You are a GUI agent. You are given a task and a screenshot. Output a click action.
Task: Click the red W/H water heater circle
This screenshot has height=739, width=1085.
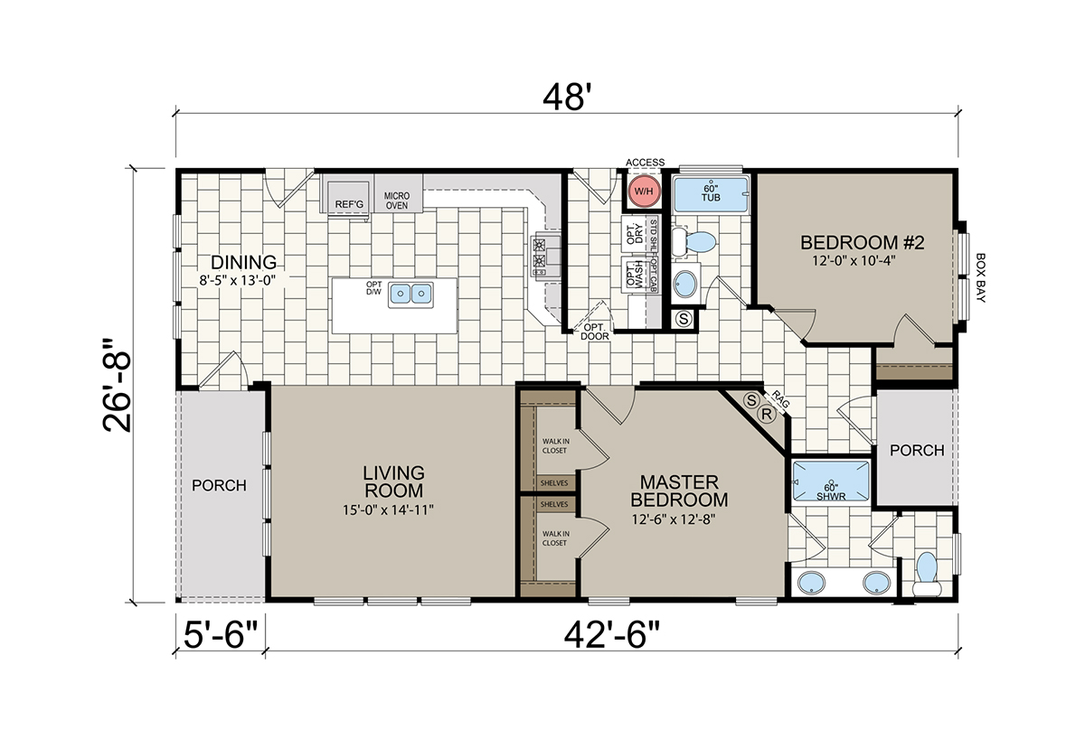[643, 192]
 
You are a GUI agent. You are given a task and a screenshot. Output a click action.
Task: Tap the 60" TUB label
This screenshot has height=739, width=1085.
[711, 193]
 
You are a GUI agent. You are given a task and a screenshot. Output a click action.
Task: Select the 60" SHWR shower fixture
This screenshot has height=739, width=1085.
[831, 481]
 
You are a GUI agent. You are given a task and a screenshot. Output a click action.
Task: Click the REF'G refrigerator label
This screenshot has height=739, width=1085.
[349, 204]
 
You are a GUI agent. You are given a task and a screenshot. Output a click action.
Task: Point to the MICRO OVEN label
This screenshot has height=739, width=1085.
[397, 201]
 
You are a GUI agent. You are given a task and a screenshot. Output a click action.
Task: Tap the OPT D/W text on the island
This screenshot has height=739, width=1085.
[374, 288]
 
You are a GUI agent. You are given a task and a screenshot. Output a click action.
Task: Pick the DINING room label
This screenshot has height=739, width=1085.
[243, 262]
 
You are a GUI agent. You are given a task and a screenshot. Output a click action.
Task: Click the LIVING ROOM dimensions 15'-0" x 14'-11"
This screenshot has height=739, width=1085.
[388, 510]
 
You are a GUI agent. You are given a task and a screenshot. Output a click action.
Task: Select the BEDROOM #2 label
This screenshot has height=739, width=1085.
[862, 242]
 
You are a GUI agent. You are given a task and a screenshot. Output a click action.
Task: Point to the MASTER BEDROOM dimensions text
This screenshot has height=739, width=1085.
[674, 519]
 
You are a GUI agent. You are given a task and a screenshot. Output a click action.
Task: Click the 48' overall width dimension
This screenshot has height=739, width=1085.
[567, 98]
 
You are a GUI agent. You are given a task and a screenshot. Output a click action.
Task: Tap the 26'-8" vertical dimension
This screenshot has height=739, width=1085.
[117, 385]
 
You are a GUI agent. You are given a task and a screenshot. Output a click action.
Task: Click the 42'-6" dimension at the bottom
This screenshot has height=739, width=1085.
[611, 634]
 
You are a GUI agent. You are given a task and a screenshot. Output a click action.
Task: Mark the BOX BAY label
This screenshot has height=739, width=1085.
[980, 277]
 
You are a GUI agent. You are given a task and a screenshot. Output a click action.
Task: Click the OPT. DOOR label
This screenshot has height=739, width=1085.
[595, 332]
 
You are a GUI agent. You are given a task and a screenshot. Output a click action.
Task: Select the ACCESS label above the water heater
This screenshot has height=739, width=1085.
[645, 162]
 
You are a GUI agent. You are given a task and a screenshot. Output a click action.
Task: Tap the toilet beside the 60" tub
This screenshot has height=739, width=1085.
[693, 242]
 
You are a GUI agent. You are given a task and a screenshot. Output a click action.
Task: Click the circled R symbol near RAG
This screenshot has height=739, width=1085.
[767, 415]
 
